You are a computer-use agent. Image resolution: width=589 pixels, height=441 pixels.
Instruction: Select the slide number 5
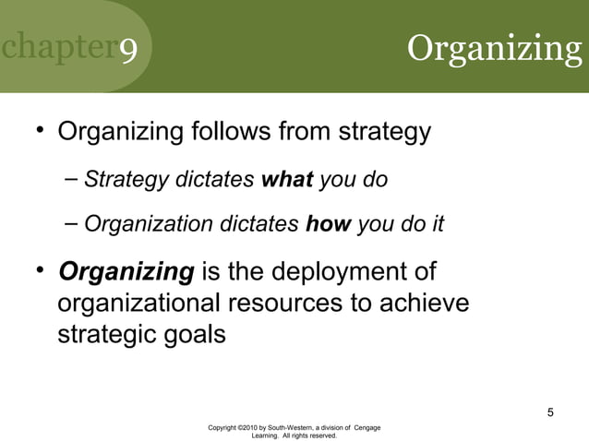coord(551,411)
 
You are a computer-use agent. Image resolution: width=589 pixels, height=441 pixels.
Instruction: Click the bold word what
coord(287,179)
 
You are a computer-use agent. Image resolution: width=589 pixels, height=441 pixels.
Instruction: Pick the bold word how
coord(328,224)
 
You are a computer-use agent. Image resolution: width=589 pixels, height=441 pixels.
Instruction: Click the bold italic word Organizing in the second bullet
coord(126,272)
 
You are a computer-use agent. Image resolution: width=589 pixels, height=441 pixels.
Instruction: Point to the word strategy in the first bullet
coord(380,133)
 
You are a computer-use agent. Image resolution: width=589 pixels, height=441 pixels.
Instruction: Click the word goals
coord(191,333)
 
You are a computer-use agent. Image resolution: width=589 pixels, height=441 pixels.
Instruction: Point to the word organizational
coord(138,303)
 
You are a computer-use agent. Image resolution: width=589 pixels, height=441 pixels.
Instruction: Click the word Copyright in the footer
coord(227,427)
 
